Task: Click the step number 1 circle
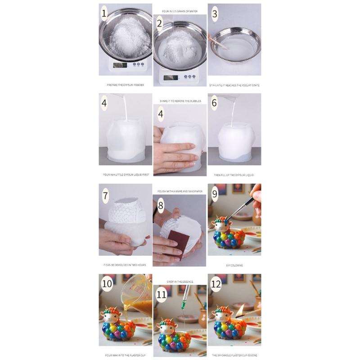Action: coord(104,14)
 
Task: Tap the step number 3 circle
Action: coord(215,14)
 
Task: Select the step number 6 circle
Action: coord(214,103)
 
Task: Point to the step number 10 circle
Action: coord(107,283)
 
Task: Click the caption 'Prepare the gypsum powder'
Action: coord(126,85)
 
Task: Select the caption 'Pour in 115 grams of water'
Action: coord(180,10)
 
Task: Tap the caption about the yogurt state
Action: coord(234,85)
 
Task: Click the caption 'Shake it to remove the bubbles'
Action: coord(180,101)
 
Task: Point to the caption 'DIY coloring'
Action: coord(234,265)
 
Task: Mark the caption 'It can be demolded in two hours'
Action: coord(126,265)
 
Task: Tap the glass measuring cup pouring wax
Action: coord(136,292)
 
